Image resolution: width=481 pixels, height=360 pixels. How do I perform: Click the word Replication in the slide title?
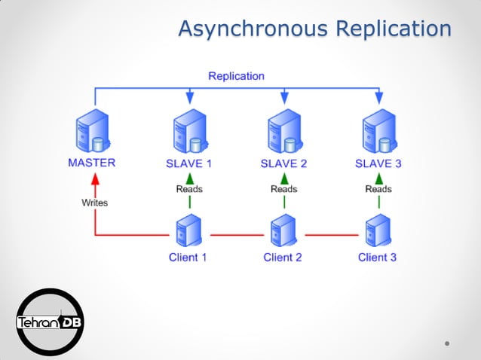click(393, 29)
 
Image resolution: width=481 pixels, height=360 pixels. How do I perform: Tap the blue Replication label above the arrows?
click(236, 75)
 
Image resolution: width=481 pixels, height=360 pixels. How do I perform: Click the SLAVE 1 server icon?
click(189, 132)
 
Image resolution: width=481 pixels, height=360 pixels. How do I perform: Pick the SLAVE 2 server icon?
click(283, 132)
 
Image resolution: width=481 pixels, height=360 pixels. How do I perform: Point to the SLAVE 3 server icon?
click(378, 132)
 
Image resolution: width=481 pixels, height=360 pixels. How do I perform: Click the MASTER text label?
click(91, 163)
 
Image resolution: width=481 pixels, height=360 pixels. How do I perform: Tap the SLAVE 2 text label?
click(283, 163)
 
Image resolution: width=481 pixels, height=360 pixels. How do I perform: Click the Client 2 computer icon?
click(283, 232)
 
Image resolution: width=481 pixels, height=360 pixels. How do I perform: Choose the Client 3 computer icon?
click(377, 232)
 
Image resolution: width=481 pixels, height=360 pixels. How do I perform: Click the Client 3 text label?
click(377, 258)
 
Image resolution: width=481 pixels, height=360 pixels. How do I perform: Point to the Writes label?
click(95, 203)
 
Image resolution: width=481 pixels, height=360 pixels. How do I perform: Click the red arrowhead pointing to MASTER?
click(95, 179)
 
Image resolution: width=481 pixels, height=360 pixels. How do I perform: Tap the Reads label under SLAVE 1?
click(189, 189)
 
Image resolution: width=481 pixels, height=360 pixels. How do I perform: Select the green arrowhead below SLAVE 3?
click(378, 177)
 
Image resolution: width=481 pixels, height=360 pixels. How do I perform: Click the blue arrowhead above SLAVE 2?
click(284, 98)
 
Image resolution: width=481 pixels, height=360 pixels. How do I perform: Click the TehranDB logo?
click(50, 322)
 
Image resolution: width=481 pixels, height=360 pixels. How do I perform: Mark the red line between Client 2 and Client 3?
click(330, 235)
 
